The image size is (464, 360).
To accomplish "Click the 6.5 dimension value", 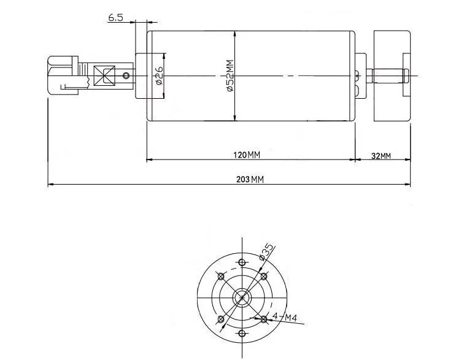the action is tap(116, 18).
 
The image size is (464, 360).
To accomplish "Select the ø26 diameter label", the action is tap(159, 76).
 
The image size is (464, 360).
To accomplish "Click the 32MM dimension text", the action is tap(381, 156).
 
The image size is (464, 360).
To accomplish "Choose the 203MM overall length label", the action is tap(249, 180).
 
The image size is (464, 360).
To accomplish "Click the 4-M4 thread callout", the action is tap(285, 317).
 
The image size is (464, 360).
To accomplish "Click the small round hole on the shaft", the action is tap(126, 75).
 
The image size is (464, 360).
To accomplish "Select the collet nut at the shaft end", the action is tap(63, 76).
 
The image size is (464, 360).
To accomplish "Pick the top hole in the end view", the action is tap(242, 262).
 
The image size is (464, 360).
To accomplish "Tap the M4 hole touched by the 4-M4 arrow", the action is tap(264, 319).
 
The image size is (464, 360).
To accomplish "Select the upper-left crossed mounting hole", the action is tap(220, 277).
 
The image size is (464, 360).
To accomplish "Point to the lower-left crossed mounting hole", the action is tap(220, 319).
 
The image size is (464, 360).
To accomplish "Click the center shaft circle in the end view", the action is tap(242, 297).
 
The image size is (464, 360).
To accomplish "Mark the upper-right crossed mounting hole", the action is tap(264, 277).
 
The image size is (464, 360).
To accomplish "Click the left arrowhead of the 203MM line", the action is tap(50, 183).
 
